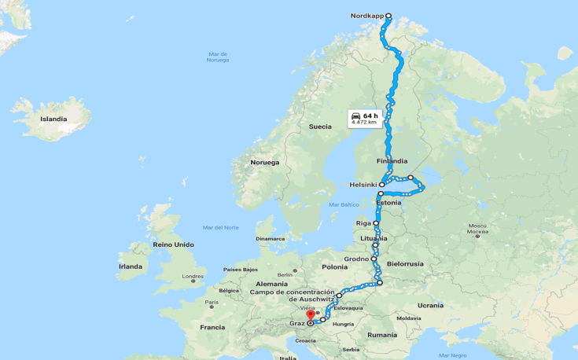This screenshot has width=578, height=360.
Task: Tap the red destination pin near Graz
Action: pos(311,316)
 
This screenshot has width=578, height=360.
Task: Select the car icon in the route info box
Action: pos(356,116)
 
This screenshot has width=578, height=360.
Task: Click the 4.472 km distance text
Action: pos(364,123)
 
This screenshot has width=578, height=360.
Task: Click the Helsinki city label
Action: pos(363,185)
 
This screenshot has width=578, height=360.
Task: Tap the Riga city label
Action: pos(363,223)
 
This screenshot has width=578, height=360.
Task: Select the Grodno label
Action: pos(356,258)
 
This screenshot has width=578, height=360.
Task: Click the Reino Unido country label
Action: pos(173,244)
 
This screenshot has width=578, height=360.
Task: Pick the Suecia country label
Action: pos(320,126)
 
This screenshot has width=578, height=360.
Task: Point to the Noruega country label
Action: pos(264,162)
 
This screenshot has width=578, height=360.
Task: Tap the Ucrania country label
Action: pos(430,305)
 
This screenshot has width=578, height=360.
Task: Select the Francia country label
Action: pos(212,327)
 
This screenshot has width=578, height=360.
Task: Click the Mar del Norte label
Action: pos(220,227)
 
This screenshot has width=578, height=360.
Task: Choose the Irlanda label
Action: pos(131,266)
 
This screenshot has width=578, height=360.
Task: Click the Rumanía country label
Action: pos(382,335)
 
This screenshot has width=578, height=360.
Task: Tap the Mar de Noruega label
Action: pos(218,57)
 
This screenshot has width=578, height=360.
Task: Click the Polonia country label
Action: pos(334,267)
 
